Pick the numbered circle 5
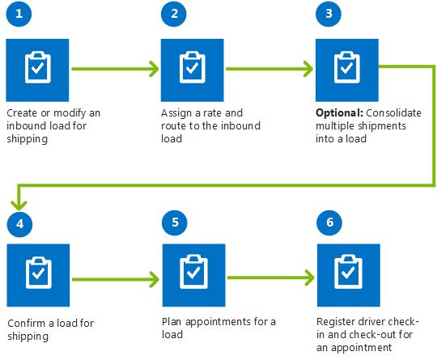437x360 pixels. pos(172,222)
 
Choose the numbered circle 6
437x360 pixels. pos(328,222)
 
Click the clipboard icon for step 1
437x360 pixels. pos(36,68)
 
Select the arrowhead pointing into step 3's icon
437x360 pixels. pos(307,69)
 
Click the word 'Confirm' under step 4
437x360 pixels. pos(25,324)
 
